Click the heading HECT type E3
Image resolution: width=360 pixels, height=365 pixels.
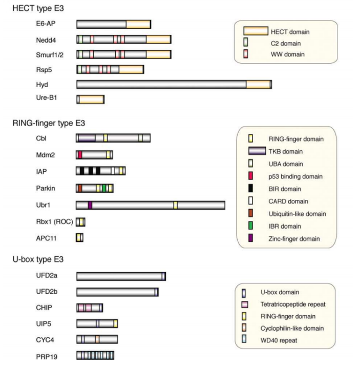(x=38, y=8)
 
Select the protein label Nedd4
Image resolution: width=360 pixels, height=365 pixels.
(x=46, y=40)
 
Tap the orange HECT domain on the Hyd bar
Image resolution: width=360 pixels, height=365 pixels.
(x=258, y=85)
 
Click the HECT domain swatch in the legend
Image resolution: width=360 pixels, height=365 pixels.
(x=256, y=31)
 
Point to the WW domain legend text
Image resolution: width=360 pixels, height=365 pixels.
(x=287, y=54)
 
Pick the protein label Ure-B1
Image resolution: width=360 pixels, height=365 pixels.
(x=47, y=97)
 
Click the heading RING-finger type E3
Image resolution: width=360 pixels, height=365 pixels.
(x=49, y=123)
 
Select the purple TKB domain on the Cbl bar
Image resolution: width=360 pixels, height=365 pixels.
(x=87, y=138)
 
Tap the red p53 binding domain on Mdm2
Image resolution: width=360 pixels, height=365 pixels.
(x=80, y=155)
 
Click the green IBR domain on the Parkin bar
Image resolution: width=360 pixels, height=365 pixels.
(x=104, y=188)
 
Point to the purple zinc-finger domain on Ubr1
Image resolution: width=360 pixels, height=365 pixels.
(x=90, y=205)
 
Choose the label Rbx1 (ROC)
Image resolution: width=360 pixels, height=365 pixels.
(x=55, y=221)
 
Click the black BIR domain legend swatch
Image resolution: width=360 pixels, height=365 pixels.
(x=250, y=188)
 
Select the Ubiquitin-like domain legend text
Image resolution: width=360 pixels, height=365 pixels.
(x=297, y=214)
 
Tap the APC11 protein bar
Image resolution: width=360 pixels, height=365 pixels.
(x=79, y=238)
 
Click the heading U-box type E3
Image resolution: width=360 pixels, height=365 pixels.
(x=38, y=259)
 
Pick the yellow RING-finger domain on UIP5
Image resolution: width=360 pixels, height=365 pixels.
(x=116, y=323)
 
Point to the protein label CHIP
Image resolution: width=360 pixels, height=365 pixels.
(x=44, y=308)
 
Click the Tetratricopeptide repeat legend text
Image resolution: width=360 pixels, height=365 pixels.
(x=293, y=304)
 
